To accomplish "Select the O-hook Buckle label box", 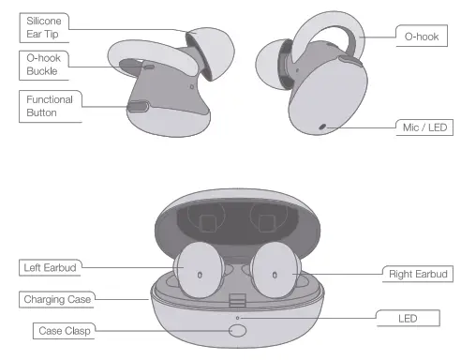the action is (x=44, y=65).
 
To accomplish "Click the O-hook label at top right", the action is (x=422, y=37).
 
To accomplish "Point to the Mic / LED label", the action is (x=422, y=126).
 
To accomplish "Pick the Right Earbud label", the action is (x=421, y=274).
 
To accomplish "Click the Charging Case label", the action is (x=55, y=300).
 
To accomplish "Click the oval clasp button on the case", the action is (x=238, y=329).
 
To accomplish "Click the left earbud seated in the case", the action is (x=200, y=268).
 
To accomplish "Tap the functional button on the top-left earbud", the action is (x=138, y=107).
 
